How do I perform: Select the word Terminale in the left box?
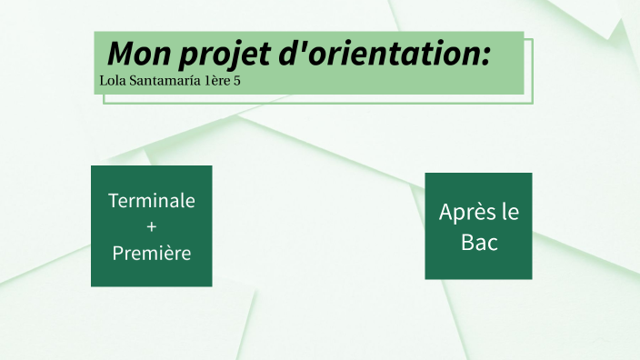[151, 200]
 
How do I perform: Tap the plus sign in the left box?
[151, 226]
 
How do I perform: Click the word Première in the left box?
[151, 253]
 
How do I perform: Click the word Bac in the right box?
[479, 243]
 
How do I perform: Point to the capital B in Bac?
[466, 243]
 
